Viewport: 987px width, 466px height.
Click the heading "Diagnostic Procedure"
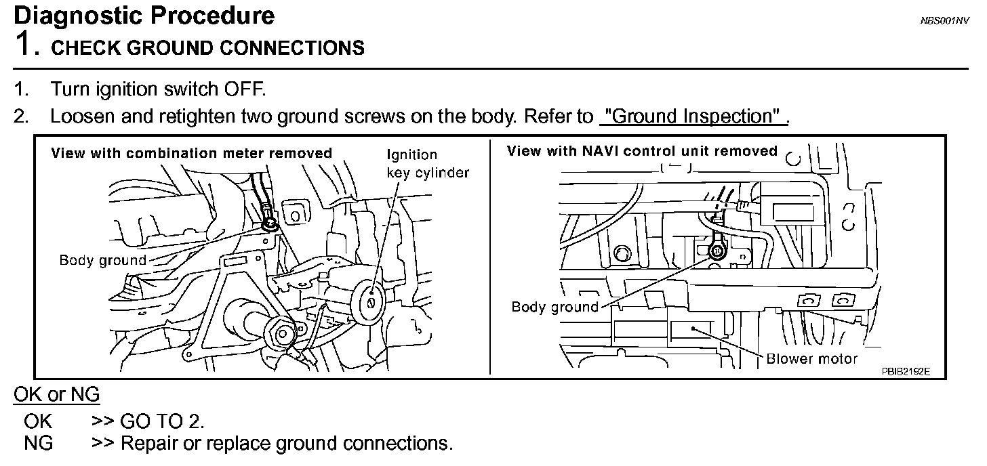click(x=144, y=16)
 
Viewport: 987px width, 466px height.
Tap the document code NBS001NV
click(x=944, y=22)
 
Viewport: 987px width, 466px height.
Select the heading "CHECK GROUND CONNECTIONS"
click(x=207, y=48)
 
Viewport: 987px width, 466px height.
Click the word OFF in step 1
click(x=241, y=89)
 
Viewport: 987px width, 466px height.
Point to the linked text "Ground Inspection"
click(x=692, y=116)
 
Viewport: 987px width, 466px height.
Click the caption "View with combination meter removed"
click(x=192, y=153)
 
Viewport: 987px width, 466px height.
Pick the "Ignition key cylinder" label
click(x=427, y=164)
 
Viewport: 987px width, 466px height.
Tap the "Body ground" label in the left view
click(x=102, y=260)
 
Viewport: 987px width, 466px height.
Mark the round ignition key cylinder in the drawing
click(x=370, y=301)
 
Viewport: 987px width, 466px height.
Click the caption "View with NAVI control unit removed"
click(x=642, y=151)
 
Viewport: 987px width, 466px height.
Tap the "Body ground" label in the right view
click(x=555, y=307)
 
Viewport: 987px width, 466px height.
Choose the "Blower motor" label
click(x=811, y=359)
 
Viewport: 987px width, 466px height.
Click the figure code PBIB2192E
click(x=906, y=372)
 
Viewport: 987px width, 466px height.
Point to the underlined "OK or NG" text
click(x=57, y=394)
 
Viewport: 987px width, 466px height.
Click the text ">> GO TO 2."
click(x=148, y=421)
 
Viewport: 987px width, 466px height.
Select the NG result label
click(x=38, y=444)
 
